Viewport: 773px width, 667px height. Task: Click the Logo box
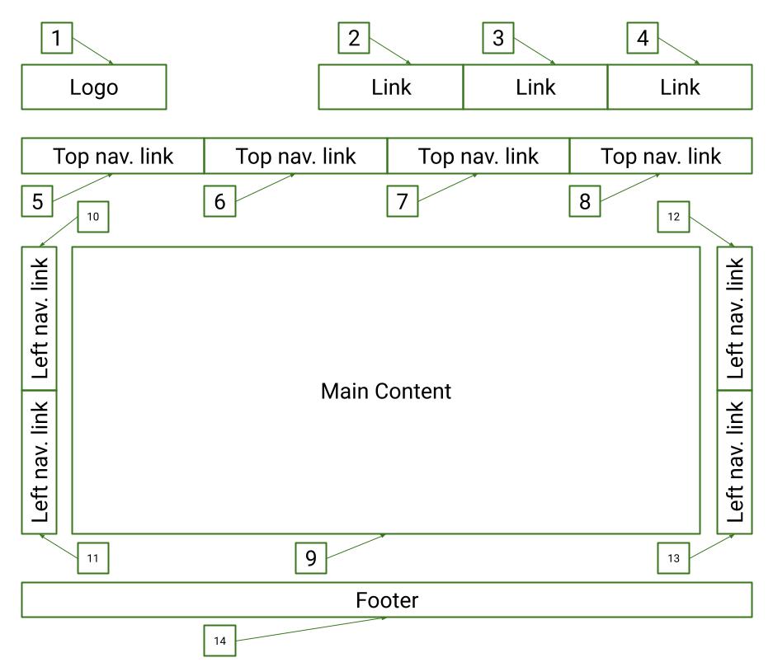pos(93,87)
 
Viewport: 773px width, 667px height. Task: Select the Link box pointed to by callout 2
pos(390,87)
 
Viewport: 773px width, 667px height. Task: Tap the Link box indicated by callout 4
pos(680,87)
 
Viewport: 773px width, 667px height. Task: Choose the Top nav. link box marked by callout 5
pos(112,156)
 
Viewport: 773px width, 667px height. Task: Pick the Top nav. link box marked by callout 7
pos(478,156)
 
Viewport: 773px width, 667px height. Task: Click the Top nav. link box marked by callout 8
pos(661,156)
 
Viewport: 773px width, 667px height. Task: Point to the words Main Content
pos(386,390)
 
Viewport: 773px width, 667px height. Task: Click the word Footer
pos(387,600)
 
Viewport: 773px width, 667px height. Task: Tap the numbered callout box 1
pos(56,39)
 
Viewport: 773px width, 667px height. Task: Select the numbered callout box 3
pos(498,39)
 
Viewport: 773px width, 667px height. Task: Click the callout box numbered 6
pos(219,202)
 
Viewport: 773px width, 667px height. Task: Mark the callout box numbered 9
pos(311,558)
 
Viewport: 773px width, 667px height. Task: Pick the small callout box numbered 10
pos(92,218)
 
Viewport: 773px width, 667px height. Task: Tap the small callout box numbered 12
pos(673,218)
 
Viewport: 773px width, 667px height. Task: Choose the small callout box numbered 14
pos(219,641)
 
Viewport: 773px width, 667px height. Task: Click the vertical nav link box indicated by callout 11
pos(39,462)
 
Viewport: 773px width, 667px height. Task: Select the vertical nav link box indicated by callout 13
pos(734,462)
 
